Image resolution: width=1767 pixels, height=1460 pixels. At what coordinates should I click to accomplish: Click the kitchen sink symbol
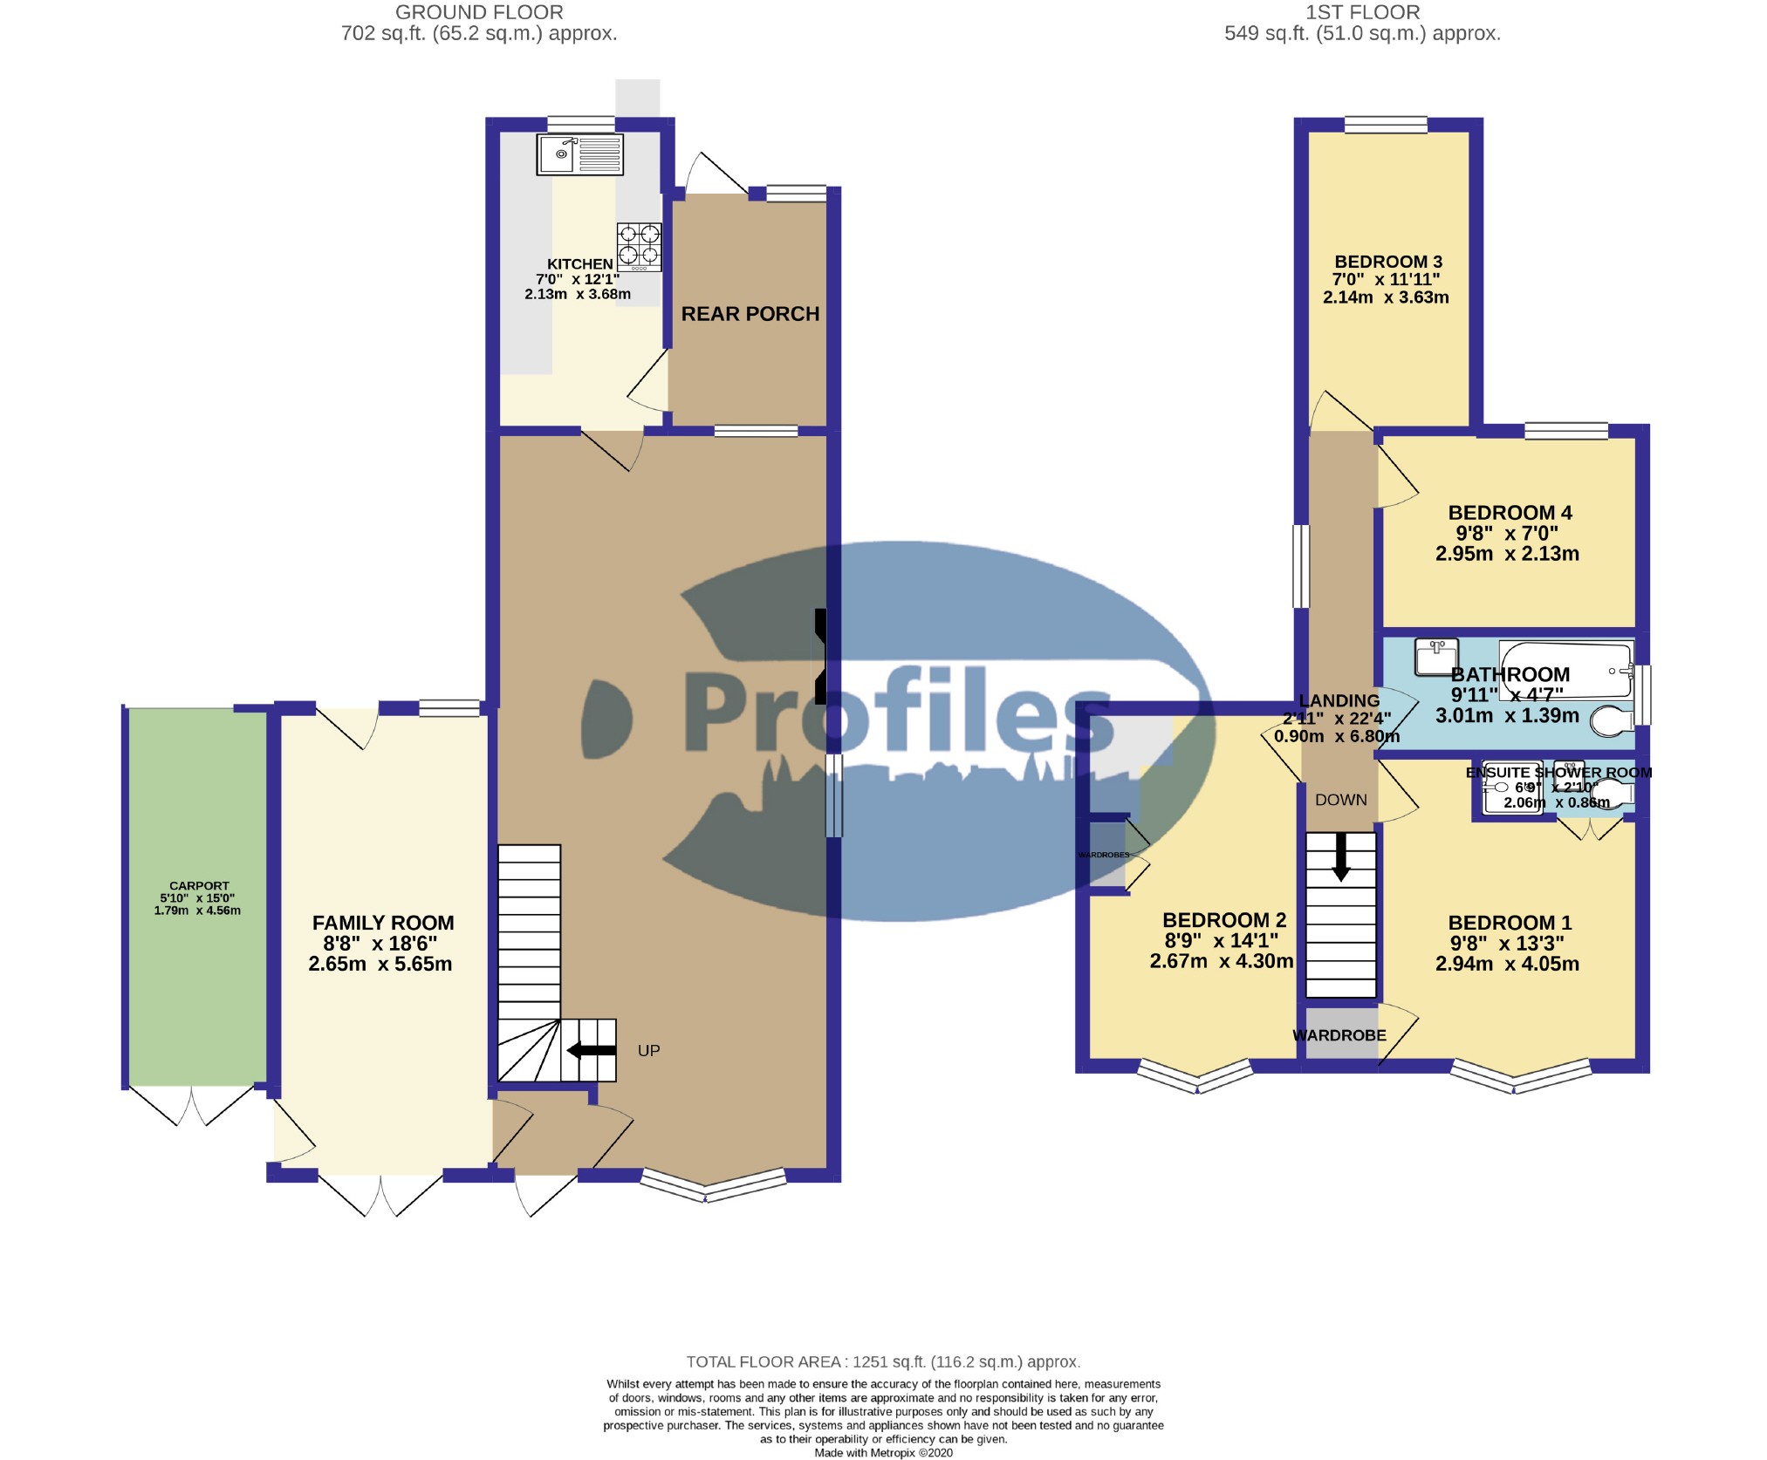[x=580, y=155]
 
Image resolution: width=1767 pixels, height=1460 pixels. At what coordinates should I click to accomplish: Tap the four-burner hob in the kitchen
[x=639, y=246]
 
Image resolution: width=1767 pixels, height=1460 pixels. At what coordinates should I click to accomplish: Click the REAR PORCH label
[x=750, y=314]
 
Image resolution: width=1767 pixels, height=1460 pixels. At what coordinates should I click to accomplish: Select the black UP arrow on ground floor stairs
[x=592, y=1050]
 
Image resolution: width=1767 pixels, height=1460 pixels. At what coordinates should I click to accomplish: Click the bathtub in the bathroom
[x=1565, y=670]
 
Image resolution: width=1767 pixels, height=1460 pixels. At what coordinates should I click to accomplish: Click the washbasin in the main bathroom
[x=1435, y=658]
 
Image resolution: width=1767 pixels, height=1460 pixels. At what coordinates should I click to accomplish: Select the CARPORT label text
[x=199, y=885]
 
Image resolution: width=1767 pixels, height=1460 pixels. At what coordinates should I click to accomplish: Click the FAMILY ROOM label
[x=383, y=923]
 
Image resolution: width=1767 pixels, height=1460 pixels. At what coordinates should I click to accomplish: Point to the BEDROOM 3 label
[x=1388, y=262]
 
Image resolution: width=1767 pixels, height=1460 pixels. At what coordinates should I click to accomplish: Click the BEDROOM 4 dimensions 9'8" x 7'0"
[x=1506, y=533]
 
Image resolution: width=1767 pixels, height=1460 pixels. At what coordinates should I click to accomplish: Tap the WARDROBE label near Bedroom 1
[x=1339, y=1035]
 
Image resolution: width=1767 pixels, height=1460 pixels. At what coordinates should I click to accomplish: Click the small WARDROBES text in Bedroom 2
[x=1103, y=855]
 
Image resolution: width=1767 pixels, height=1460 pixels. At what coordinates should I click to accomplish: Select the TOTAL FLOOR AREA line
[x=883, y=1361]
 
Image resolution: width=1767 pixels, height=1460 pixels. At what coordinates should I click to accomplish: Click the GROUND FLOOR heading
[x=479, y=12]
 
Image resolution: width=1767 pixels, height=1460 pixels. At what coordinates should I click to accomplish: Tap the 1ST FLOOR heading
[x=1362, y=12]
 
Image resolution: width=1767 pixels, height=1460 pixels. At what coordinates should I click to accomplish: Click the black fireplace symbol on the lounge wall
[x=820, y=657]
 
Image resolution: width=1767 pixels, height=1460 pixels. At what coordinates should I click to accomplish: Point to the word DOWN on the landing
[x=1340, y=800]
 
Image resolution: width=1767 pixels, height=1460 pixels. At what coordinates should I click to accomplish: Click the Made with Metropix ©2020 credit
[x=883, y=1453]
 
